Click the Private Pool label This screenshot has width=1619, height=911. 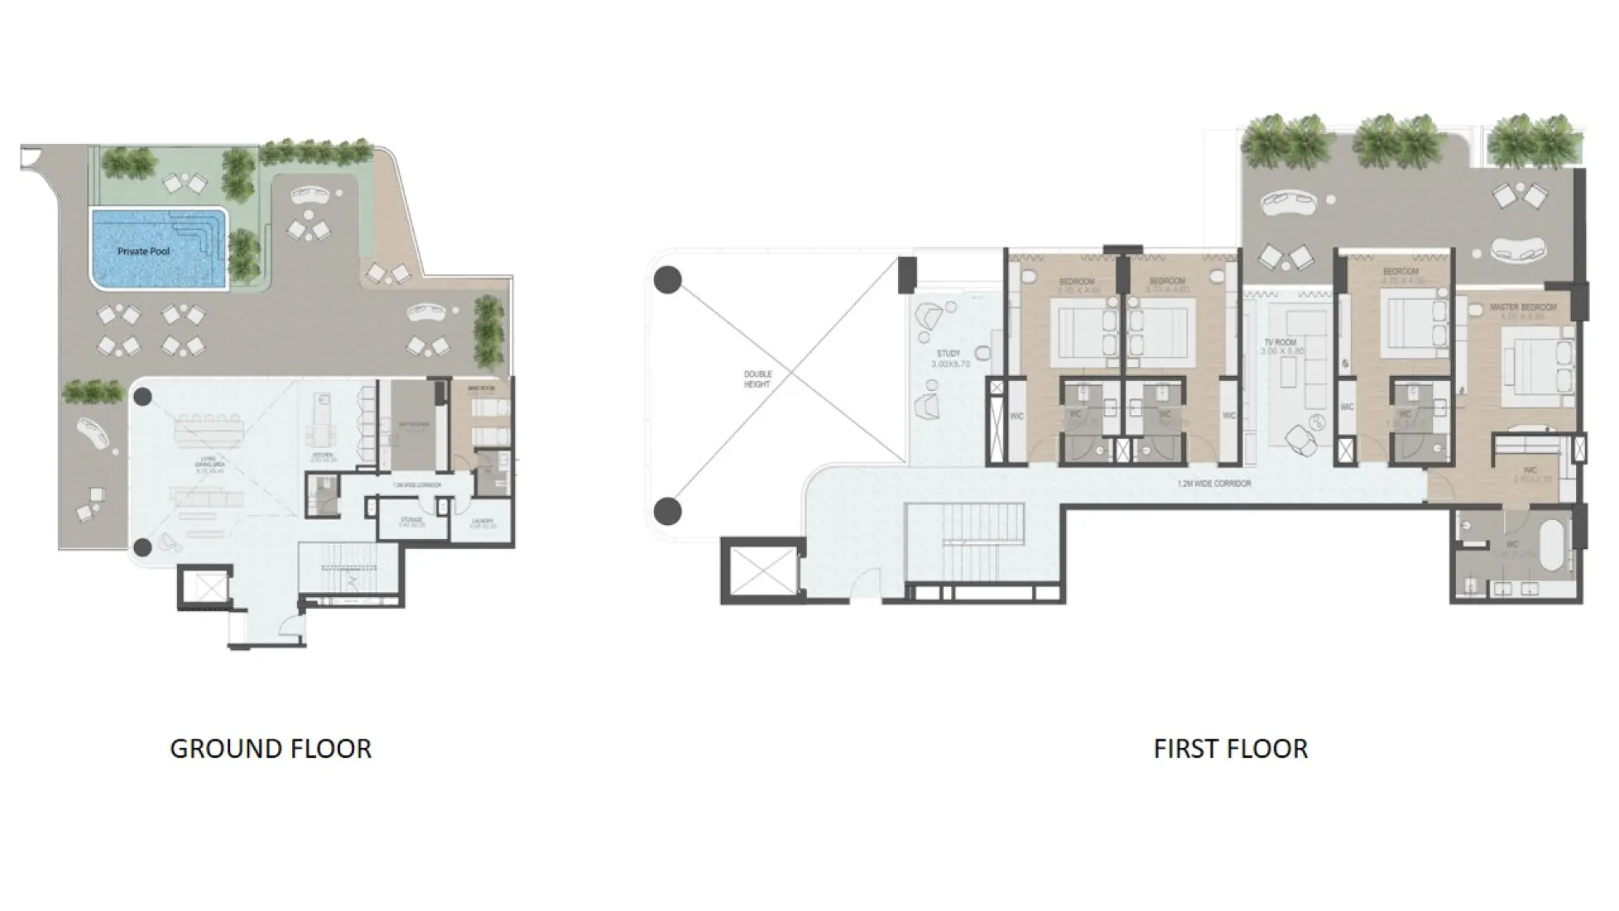tap(144, 251)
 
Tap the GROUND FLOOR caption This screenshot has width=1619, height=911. tap(271, 749)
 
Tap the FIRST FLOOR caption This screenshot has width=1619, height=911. tap(1230, 749)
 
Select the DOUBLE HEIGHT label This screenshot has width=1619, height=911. tap(757, 379)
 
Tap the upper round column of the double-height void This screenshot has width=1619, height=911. tap(668, 280)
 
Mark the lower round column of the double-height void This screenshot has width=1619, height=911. tap(668, 511)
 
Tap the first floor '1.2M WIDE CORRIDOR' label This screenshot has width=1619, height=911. tap(1213, 484)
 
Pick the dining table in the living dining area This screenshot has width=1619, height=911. tap(210, 430)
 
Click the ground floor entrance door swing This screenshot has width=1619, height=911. tap(290, 626)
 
